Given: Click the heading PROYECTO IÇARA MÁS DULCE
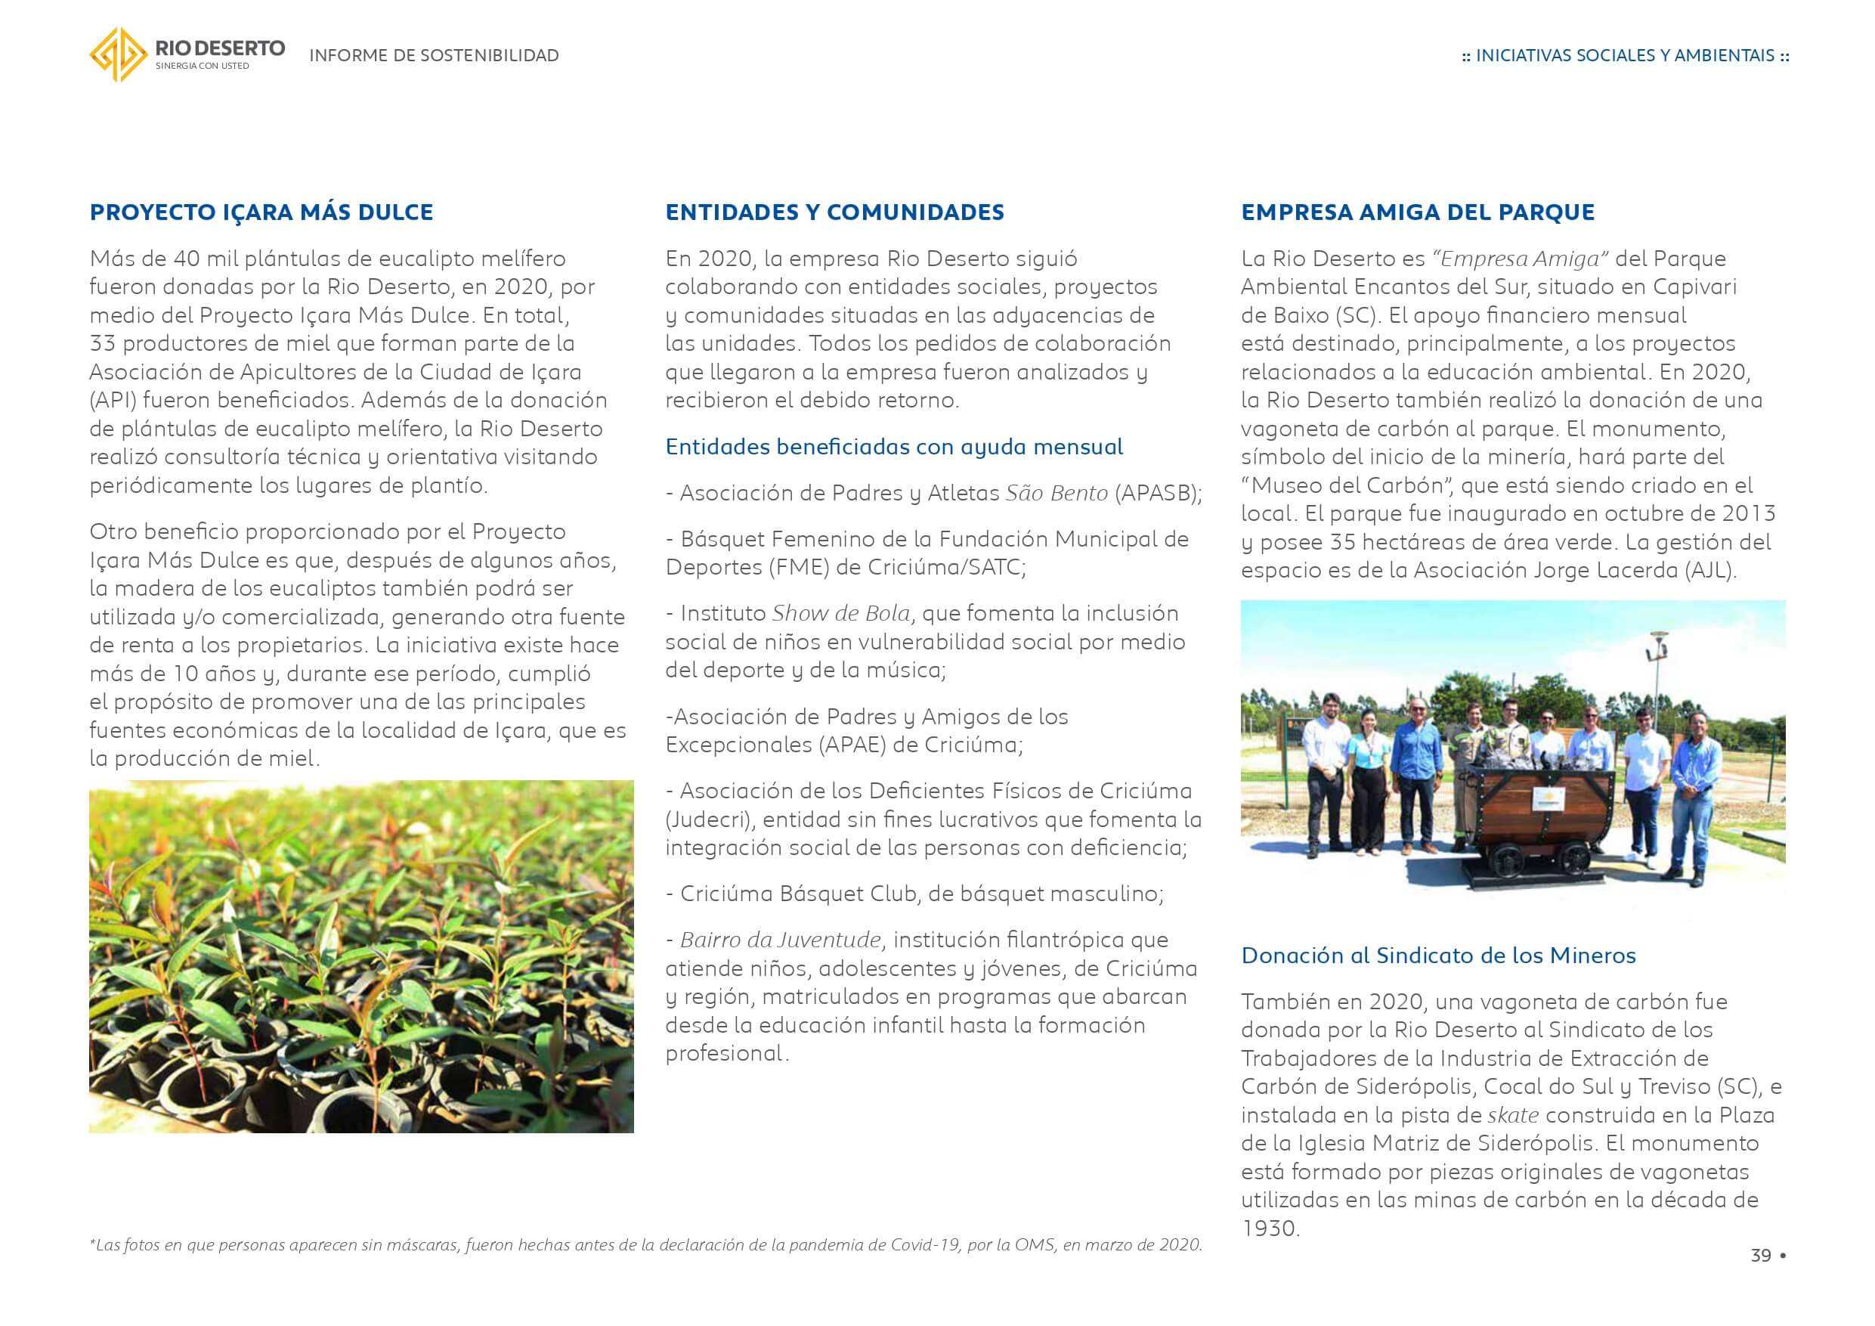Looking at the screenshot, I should tap(261, 212).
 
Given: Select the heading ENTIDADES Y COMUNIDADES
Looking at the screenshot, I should tap(834, 212).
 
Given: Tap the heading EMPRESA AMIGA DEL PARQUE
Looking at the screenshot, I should tap(1418, 212).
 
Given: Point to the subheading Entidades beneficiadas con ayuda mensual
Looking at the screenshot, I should tap(894, 447).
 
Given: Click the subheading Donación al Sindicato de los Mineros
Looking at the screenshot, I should tap(1438, 955).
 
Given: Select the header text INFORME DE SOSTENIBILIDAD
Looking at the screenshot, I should tap(434, 55).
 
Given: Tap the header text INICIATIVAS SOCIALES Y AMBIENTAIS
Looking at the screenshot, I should tap(1625, 55).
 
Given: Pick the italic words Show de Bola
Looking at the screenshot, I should tap(841, 614).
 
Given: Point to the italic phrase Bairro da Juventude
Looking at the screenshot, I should tap(781, 940).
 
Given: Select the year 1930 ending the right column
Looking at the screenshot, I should tap(1269, 1228).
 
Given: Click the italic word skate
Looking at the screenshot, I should tap(1513, 1115).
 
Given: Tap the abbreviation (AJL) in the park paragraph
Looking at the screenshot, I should tap(1710, 570).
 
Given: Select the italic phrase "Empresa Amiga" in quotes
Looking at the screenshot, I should tap(1520, 259).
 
